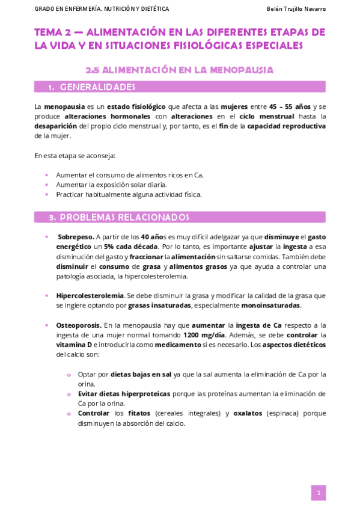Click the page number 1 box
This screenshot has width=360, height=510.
319,493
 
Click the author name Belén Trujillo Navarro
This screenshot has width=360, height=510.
296,9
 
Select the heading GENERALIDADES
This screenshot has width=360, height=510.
98,87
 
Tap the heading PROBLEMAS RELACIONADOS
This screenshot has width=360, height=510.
124,217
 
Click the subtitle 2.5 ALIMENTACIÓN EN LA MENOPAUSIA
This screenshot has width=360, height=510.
180,70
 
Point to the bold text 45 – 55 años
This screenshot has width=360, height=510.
289,106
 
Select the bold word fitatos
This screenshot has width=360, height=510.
139,413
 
